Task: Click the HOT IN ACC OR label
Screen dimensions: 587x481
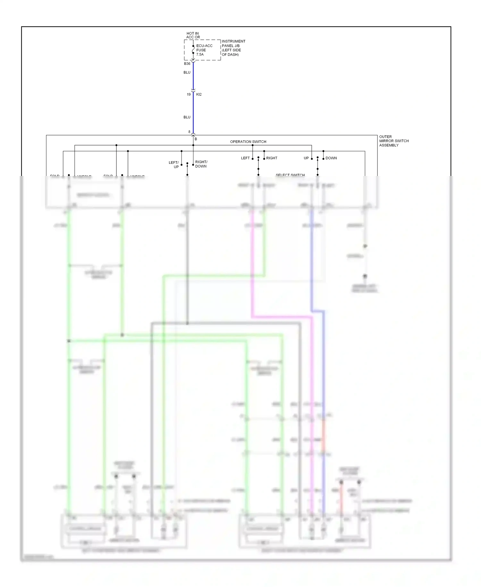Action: tap(193, 35)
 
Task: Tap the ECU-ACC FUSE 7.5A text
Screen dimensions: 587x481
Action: tap(204, 50)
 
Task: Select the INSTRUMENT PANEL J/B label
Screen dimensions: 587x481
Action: tap(233, 48)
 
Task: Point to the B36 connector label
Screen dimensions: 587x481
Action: tap(187, 64)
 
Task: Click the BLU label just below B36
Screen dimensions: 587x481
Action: tap(187, 73)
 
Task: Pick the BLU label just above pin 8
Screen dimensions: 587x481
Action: tap(187, 117)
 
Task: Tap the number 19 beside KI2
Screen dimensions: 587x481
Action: tap(189, 94)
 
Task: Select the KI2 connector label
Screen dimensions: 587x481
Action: tap(199, 94)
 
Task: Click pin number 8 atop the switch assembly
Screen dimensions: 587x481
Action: tap(189, 132)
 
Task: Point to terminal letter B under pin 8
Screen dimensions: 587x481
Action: tap(196, 139)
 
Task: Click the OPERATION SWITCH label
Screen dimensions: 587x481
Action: tap(248, 142)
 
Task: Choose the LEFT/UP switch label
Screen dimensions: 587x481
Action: tap(174, 165)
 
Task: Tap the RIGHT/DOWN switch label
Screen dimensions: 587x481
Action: tap(201, 164)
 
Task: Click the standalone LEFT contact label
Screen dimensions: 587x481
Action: tap(245, 158)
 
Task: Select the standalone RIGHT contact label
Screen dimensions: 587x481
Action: tap(272, 158)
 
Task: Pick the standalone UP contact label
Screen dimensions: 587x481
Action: tap(306, 158)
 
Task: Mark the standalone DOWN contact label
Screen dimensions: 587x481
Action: tap(331, 158)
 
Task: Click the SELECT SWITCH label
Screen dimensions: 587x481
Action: tap(290, 175)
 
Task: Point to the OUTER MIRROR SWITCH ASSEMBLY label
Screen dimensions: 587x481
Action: tap(394, 141)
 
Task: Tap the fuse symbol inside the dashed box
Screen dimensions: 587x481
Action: tap(193, 50)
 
